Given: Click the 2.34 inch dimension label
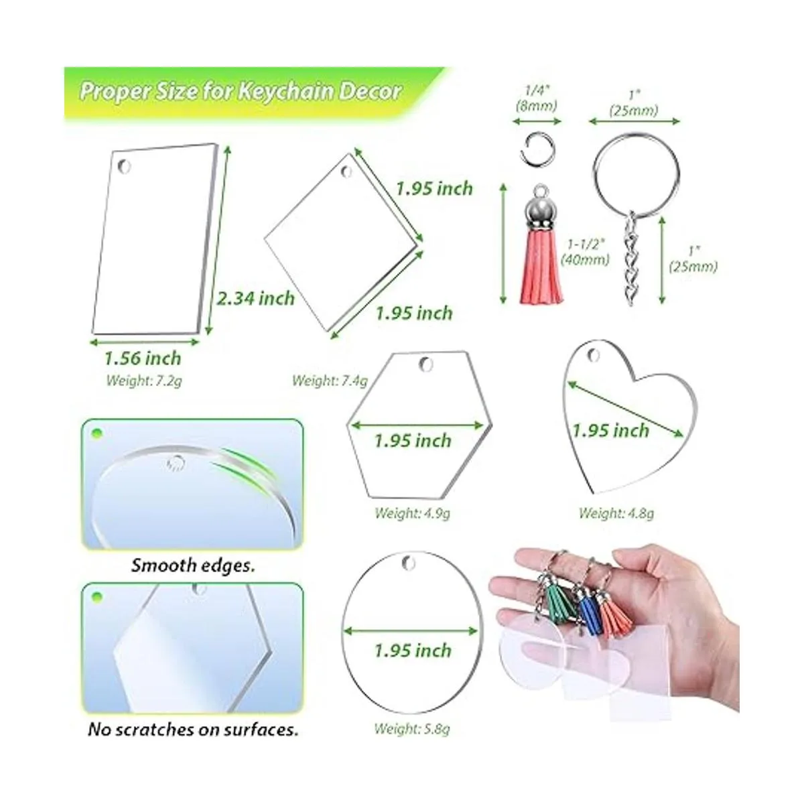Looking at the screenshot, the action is (x=255, y=299).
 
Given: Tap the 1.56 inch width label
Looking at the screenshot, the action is (x=143, y=358).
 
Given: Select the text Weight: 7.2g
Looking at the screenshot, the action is (x=144, y=381).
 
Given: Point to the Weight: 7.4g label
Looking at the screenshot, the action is (x=330, y=381).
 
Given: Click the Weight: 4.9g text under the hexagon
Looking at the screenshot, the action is (x=412, y=513).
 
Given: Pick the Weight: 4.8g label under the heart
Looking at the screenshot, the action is (x=616, y=513).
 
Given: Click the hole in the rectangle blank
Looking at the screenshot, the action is (x=124, y=166).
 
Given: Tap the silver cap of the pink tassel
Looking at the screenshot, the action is (x=542, y=213).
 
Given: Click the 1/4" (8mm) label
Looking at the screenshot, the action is (x=537, y=98).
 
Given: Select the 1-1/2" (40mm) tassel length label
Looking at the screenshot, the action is (x=585, y=252).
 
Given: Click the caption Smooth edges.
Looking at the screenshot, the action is (x=193, y=565).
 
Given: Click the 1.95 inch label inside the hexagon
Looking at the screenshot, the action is (x=413, y=441).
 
